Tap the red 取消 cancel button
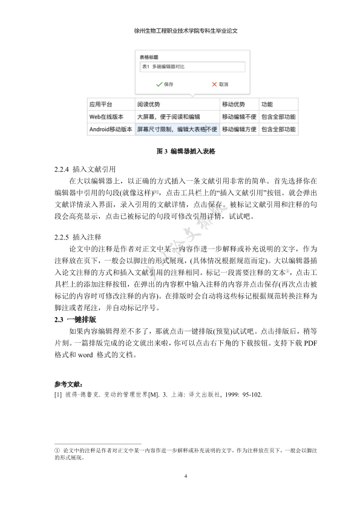(x=220, y=84)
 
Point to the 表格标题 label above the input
(x=149, y=57)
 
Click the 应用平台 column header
(x=100, y=104)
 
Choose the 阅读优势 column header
(x=148, y=104)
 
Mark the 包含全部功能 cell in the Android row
(x=278, y=129)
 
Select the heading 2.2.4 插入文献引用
(x=85, y=169)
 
